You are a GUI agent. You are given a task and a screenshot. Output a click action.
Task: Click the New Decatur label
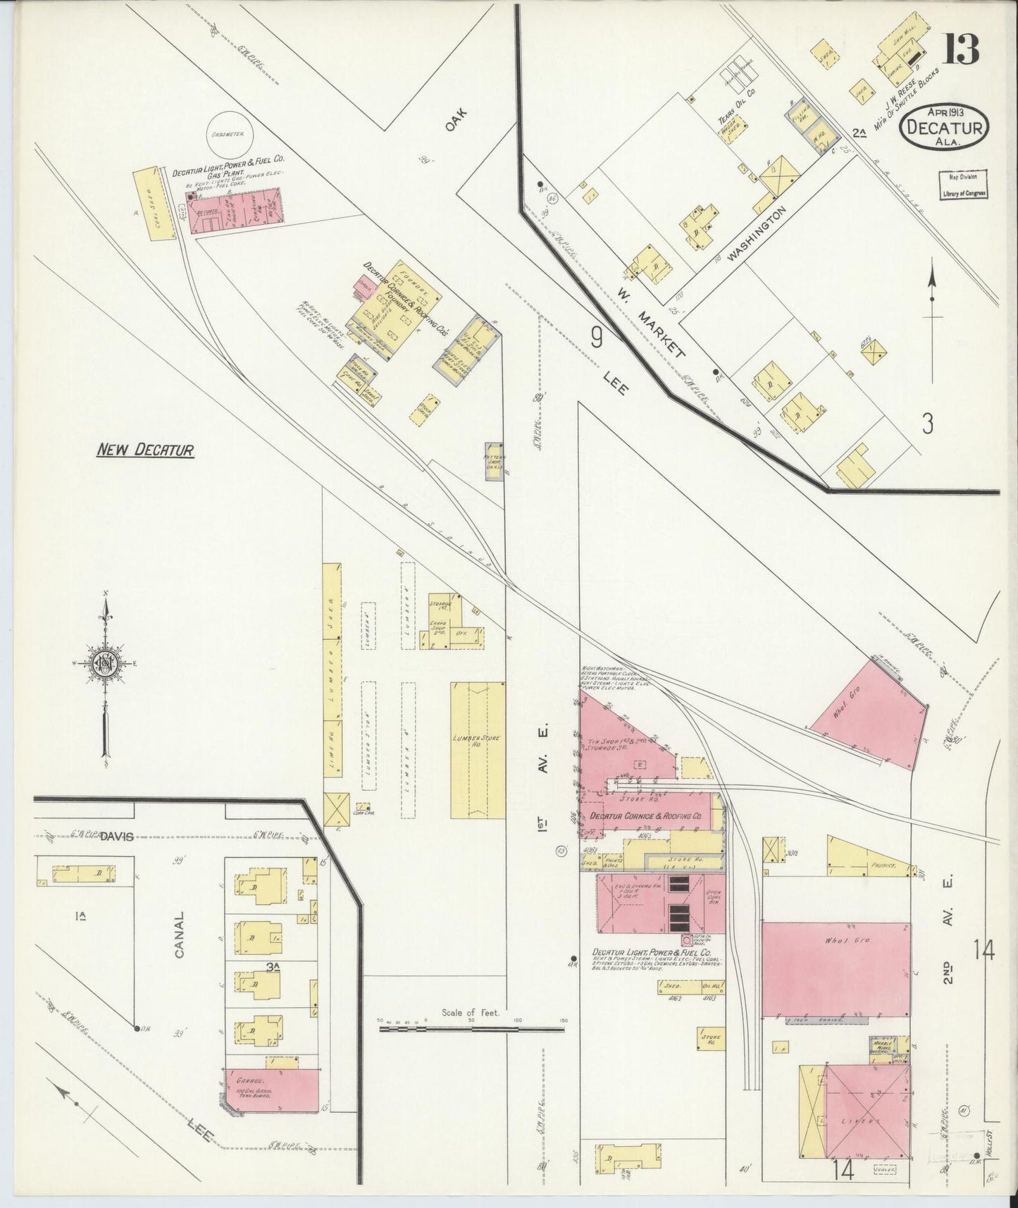point(145,450)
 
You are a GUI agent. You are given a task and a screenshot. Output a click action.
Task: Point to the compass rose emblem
point(106,665)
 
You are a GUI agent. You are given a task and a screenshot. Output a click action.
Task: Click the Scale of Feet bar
point(471,1029)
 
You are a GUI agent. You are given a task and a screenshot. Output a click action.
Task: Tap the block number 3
point(928,424)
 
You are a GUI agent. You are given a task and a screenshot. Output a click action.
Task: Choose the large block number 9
point(596,340)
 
